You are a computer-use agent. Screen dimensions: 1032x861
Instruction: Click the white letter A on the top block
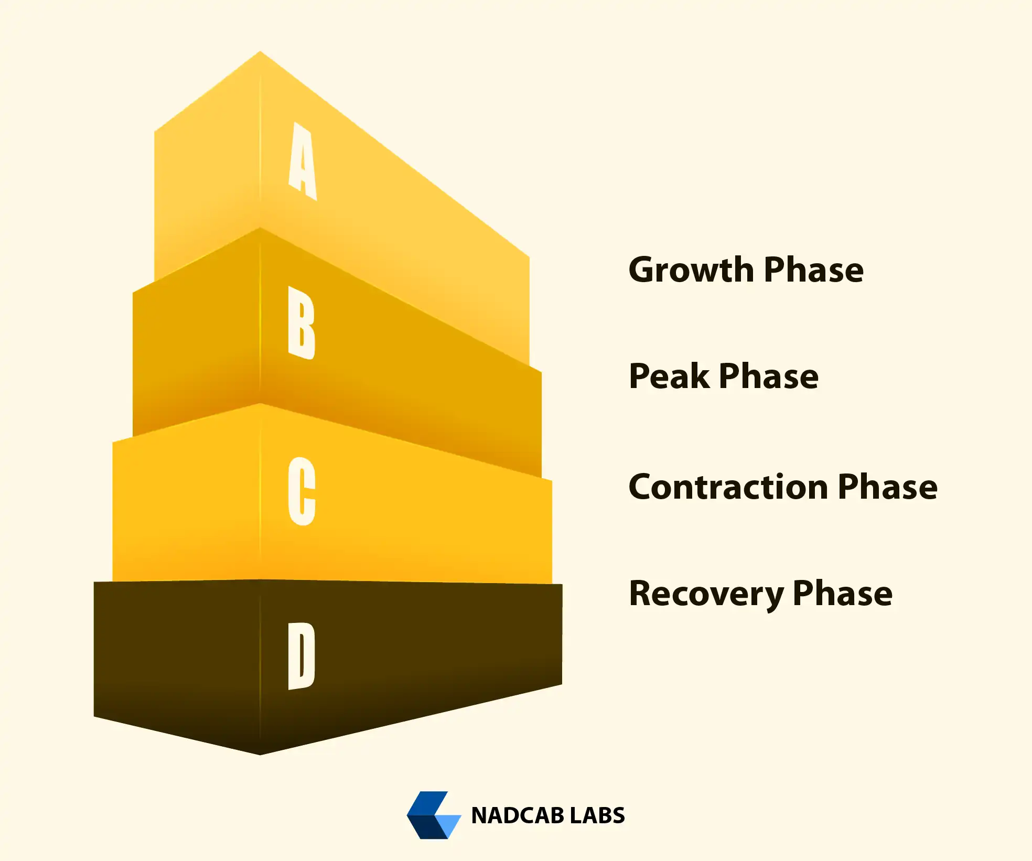pyautogui.click(x=303, y=161)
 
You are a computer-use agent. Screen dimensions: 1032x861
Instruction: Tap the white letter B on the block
pyautogui.click(x=302, y=322)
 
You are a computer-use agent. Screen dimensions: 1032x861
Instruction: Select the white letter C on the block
pyautogui.click(x=302, y=491)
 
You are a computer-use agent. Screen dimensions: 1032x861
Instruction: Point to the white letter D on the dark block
pyautogui.click(x=302, y=656)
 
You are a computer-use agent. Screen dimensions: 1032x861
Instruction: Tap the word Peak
pyautogui.click(x=669, y=376)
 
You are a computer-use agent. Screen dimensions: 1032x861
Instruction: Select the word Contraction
pyautogui.click(x=728, y=487)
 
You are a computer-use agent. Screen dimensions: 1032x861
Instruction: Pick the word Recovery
pyautogui.click(x=706, y=594)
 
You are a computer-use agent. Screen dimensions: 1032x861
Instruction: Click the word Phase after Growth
pyautogui.click(x=814, y=270)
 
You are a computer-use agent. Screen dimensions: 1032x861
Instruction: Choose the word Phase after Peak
pyautogui.click(x=769, y=376)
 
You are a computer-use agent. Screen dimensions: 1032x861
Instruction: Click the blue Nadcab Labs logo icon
pyautogui.click(x=434, y=815)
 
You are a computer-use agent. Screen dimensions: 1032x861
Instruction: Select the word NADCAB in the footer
pyautogui.click(x=517, y=815)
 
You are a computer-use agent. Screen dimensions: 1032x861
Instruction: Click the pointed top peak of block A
pyautogui.click(x=260, y=51)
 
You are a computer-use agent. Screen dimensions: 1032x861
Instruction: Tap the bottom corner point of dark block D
pyautogui.click(x=260, y=755)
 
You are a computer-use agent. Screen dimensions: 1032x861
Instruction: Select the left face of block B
pyautogui.click(x=197, y=336)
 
